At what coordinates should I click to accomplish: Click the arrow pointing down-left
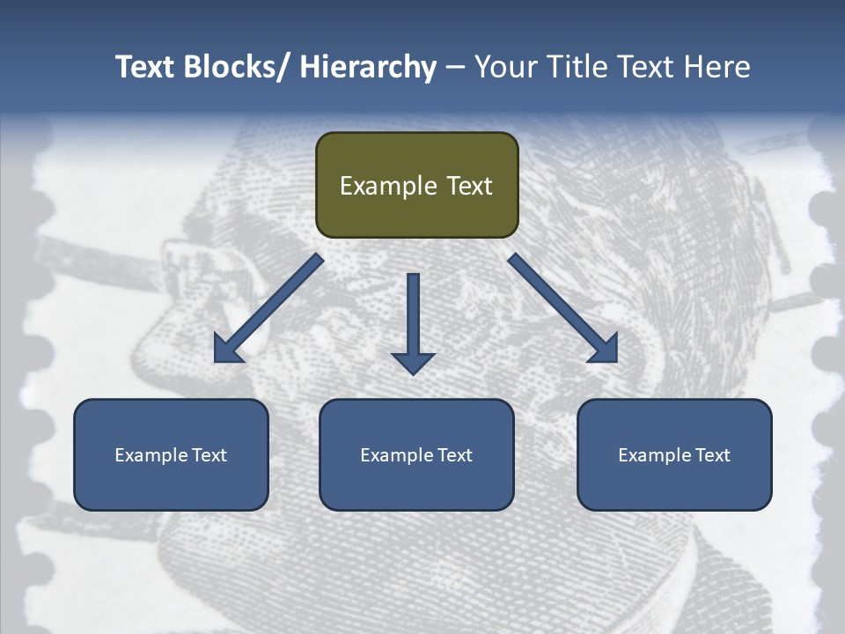(268, 309)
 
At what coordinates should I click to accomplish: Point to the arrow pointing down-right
(562, 308)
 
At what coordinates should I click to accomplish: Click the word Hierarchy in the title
(368, 67)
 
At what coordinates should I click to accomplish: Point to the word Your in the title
(504, 67)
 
